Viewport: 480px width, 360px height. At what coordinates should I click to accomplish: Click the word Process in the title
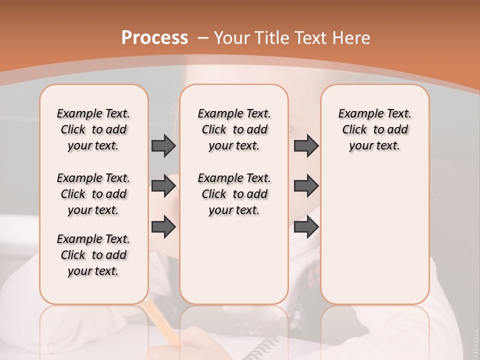pos(154,38)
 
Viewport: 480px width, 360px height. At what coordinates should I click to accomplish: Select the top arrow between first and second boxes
pos(163,145)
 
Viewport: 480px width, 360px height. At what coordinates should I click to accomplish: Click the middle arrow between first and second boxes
pos(163,186)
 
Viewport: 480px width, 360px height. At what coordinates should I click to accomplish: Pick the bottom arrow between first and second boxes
pos(163,227)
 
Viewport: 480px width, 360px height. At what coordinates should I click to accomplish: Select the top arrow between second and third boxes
pos(306,145)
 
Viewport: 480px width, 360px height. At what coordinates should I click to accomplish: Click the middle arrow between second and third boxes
pos(306,186)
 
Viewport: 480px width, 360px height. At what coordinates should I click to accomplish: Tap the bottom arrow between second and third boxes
pos(306,227)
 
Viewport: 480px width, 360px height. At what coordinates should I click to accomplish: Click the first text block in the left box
pos(93,129)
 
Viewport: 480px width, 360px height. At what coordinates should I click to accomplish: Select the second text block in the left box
pos(93,194)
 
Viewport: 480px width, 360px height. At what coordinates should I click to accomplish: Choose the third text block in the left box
pos(93,255)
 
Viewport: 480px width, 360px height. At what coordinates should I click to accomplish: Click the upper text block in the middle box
pos(234,129)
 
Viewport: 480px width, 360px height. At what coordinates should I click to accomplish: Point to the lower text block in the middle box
pos(234,194)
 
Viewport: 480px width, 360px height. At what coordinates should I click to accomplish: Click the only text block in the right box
pos(374,129)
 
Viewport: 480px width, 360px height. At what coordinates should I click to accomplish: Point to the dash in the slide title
pos(203,38)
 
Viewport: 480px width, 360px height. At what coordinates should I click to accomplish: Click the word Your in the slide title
pos(232,38)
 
